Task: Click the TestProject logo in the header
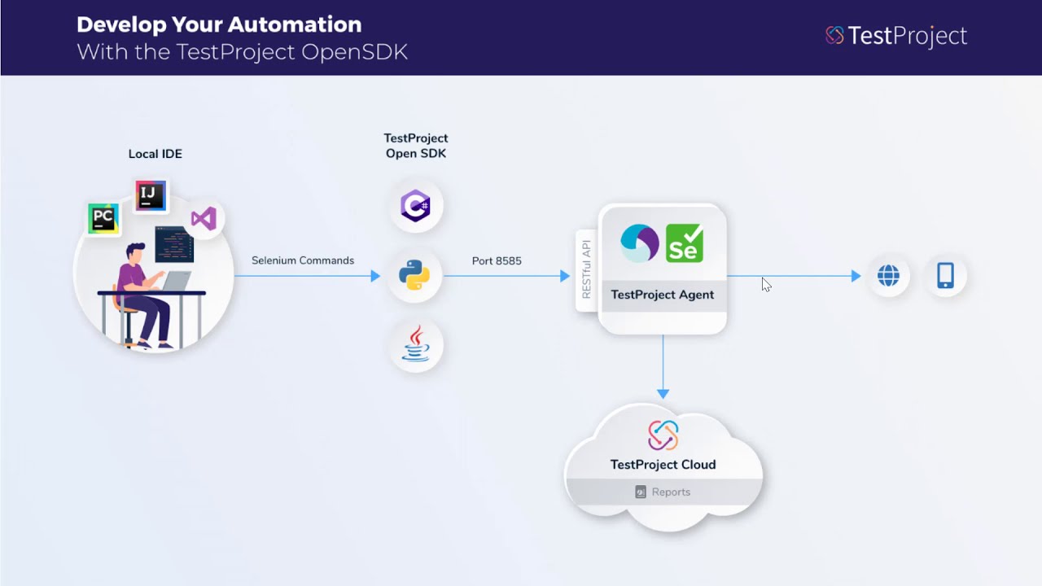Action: point(895,36)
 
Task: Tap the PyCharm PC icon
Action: point(103,218)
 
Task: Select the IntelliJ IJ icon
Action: point(151,195)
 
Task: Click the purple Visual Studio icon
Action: point(204,218)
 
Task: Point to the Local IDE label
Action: point(155,154)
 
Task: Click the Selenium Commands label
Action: point(302,260)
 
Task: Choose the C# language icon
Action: point(415,205)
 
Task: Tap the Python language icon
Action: point(414,276)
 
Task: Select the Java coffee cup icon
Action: point(415,344)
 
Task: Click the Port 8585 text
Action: point(497,260)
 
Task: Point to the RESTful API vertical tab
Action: point(586,269)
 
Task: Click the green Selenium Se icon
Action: point(684,243)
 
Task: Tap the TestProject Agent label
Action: point(662,295)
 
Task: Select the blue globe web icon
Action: point(888,276)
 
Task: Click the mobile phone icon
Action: point(945,276)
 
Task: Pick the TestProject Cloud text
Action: point(663,465)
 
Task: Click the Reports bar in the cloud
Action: point(663,492)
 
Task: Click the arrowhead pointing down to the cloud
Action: point(663,394)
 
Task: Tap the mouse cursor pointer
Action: point(766,284)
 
